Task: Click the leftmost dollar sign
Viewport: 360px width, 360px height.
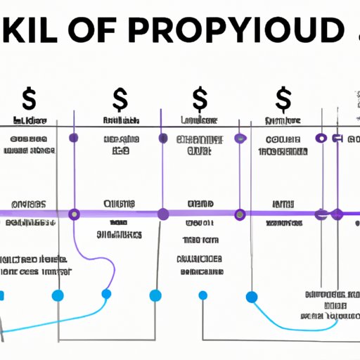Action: [30, 98]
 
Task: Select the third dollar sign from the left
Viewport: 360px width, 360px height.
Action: [199, 98]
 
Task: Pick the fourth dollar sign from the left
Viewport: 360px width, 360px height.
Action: [284, 98]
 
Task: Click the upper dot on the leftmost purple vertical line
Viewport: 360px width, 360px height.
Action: [74, 138]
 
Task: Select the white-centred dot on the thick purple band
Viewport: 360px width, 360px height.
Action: [323, 213]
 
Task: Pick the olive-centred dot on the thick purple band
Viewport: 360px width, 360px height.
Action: [240, 213]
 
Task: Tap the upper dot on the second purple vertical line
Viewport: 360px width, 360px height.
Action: [163, 138]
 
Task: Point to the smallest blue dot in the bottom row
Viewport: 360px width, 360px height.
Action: [203, 295]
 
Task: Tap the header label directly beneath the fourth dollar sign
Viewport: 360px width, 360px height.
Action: [283, 122]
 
